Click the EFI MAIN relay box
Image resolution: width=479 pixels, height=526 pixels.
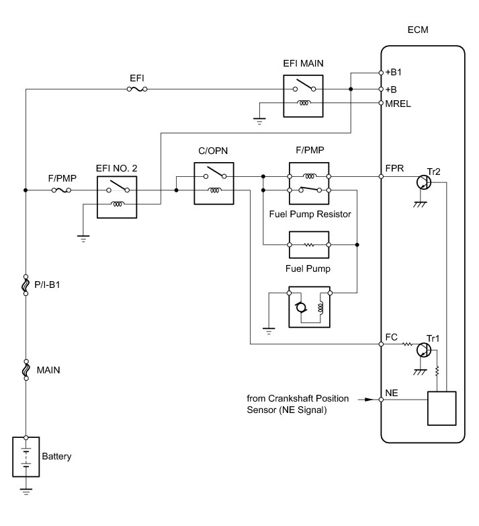pyautogui.click(x=304, y=96)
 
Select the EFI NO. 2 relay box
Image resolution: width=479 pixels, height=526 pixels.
pyautogui.click(x=117, y=197)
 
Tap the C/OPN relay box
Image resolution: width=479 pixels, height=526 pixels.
pyautogui.click(x=214, y=183)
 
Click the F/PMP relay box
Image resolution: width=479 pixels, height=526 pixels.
pyautogui.click(x=309, y=183)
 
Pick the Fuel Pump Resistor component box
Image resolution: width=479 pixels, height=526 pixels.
pyautogui.click(x=309, y=244)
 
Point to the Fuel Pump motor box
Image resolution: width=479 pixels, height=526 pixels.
pyautogui.click(x=309, y=306)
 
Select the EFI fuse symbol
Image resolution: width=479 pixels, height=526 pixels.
pyautogui.click(x=138, y=89)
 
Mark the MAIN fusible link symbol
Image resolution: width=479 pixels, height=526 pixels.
pyautogui.click(x=26, y=369)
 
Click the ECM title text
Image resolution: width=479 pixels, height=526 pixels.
pyautogui.click(x=417, y=31)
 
